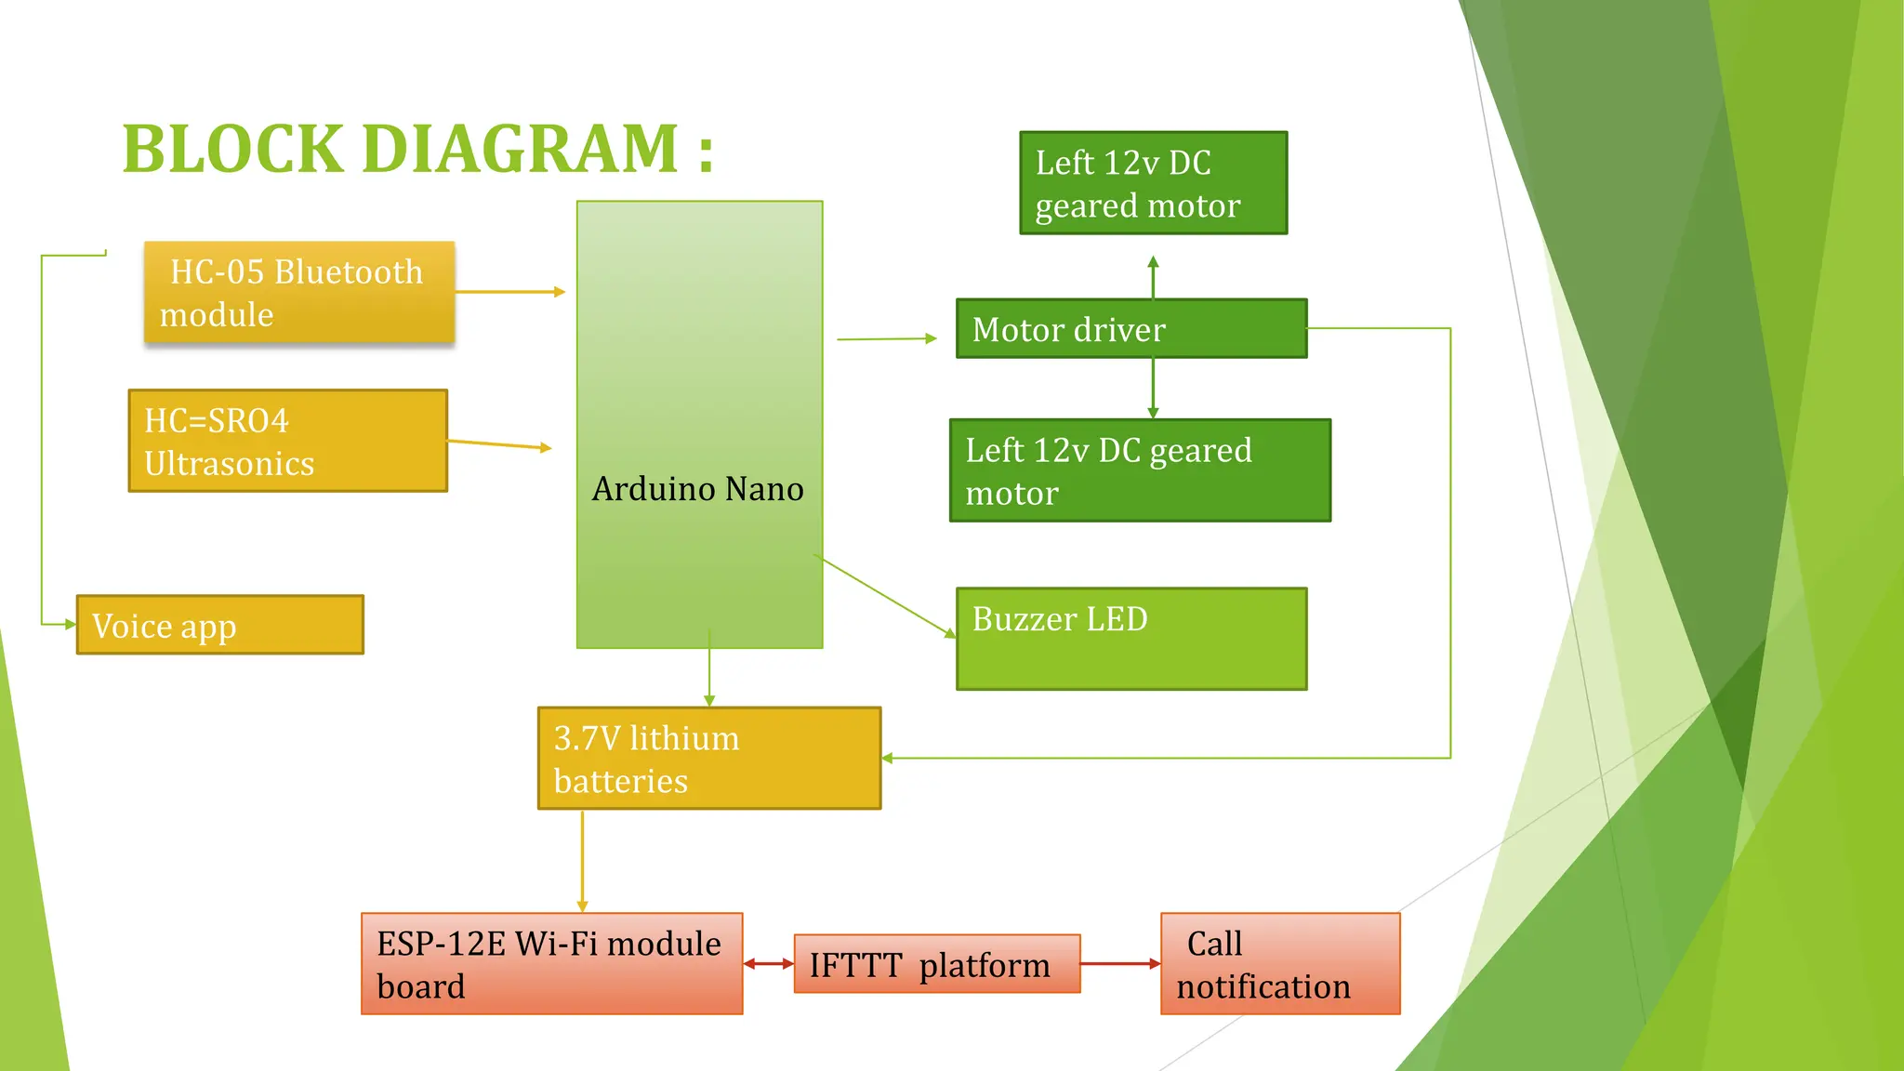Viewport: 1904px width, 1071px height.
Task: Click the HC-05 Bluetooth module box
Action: point(298,293)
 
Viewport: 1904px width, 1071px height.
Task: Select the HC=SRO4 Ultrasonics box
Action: point(287,441)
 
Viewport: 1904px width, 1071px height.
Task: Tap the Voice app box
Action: point(219,625)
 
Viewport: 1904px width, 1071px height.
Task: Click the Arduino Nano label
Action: point(698,489)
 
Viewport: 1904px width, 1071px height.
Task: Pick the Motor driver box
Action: point(1130,328)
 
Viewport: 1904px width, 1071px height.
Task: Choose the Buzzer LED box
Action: point(1130,639)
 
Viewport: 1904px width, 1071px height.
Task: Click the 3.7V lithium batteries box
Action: point(708,759)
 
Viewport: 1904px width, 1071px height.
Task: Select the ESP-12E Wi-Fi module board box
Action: point(551,964)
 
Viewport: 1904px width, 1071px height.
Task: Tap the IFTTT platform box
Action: point(936,964)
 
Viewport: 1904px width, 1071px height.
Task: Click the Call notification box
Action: point(1279,964)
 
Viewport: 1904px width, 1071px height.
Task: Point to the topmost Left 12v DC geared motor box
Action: point(1153,183)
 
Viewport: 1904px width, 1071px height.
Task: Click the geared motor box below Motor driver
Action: point(1140,470)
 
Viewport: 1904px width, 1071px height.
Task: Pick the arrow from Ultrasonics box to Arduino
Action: point(499,444)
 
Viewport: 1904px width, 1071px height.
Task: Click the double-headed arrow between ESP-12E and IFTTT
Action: point(768,964)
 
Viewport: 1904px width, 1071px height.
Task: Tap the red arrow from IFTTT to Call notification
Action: point(1119,964)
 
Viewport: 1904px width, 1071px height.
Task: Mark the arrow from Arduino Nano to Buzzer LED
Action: point(885,597)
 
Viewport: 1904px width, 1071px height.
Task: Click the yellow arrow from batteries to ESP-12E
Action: point(582,860)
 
